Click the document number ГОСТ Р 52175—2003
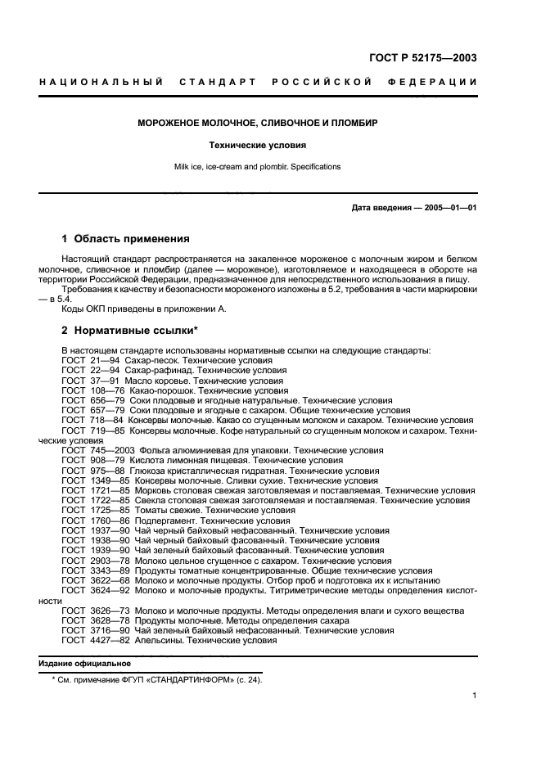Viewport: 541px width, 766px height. click(x=422, y=58)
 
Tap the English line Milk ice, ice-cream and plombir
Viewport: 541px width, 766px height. click(x=257, y=167)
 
